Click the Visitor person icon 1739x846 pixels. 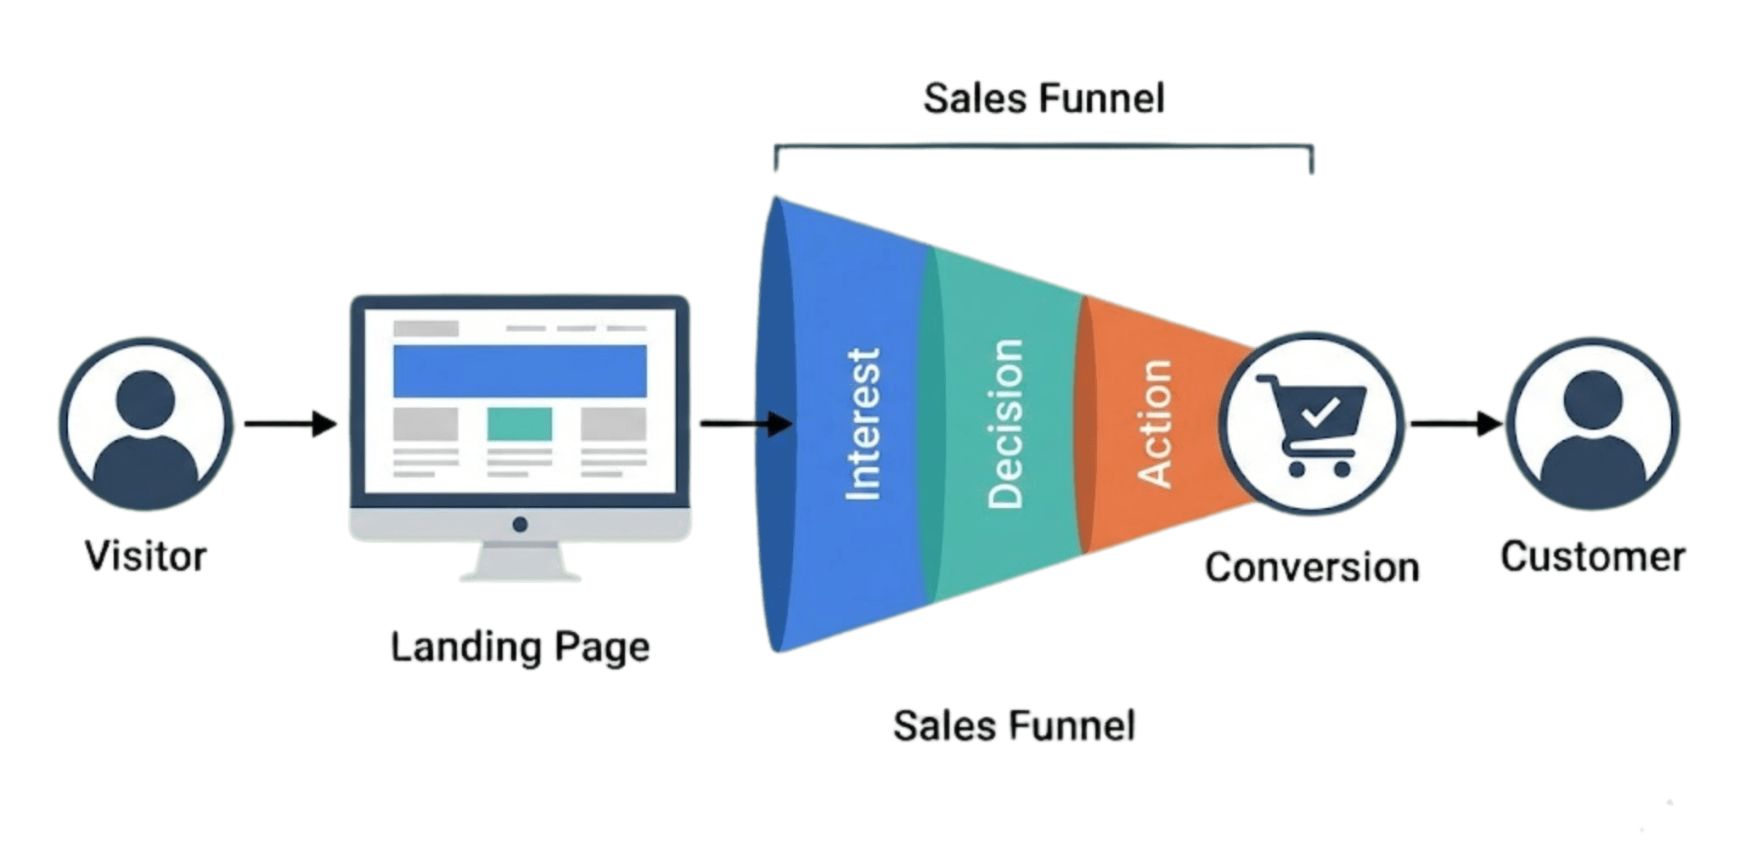[146, 424]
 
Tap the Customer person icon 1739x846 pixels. [1592, 424]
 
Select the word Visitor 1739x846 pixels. [146, 556]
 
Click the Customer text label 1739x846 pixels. [1592, 557]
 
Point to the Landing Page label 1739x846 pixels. [520, 647]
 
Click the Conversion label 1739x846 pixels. [1312, 567]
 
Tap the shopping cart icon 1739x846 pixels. [1313, 425]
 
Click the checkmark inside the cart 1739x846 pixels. [1321, 412]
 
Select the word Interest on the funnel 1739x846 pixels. [864, 424]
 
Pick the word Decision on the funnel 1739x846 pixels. [1005, 424]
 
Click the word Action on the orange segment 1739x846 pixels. [1153, 423]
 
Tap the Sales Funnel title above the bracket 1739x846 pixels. [1044, 99]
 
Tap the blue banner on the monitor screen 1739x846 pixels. [520, 371]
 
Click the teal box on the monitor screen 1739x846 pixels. [520, 424]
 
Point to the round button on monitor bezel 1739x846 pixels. [521, 525]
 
